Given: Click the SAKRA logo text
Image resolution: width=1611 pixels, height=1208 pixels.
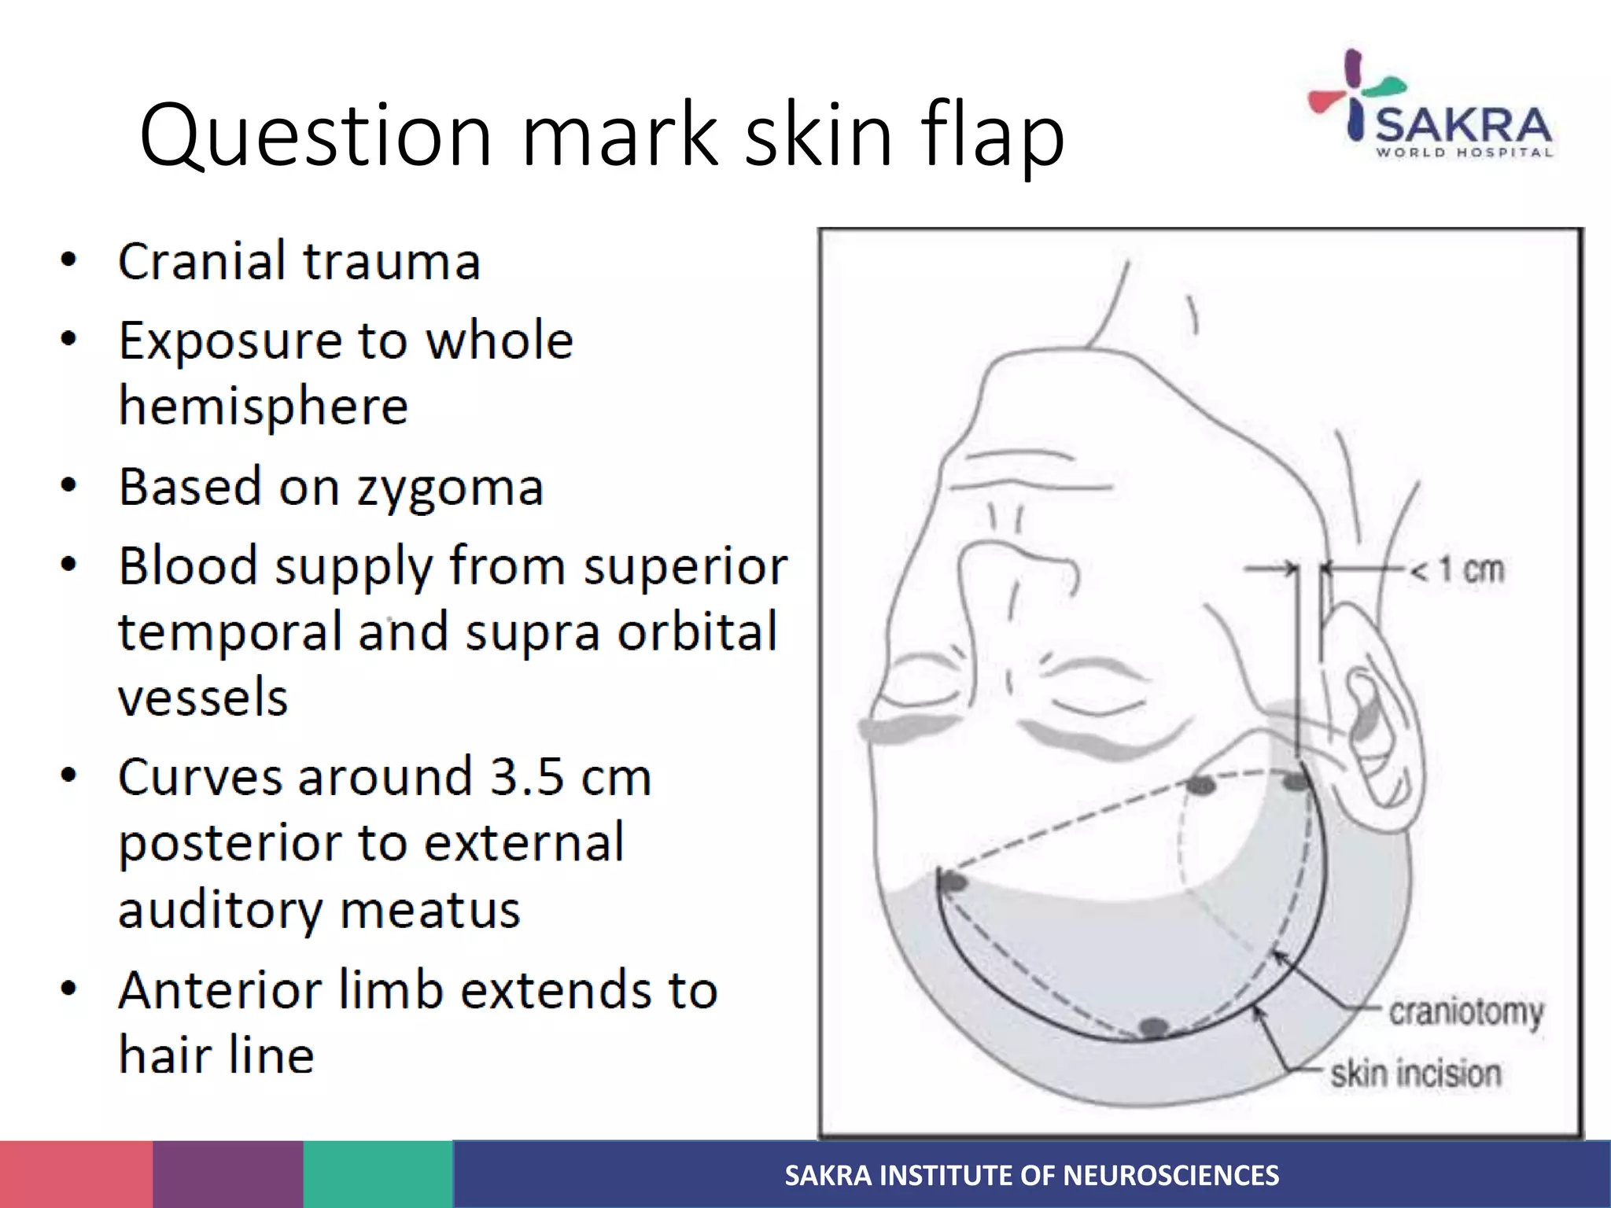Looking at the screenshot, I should (1464, 126).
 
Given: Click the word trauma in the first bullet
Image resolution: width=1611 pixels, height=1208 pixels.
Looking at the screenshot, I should (392, 261).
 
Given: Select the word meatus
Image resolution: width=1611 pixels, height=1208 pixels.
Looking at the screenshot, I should (430, 910).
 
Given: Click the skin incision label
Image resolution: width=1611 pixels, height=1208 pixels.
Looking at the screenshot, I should (1416, 1074).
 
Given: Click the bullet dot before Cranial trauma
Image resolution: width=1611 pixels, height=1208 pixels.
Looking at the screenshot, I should (69, 260).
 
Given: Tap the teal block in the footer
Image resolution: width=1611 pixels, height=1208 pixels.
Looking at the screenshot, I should (378, 1174).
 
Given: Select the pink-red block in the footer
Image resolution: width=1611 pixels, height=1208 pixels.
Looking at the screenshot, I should (76, 1174).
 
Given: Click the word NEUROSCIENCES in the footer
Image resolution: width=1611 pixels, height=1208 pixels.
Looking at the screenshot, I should (1171, 1175).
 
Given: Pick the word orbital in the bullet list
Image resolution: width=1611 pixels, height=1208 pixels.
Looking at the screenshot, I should (698, 632).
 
